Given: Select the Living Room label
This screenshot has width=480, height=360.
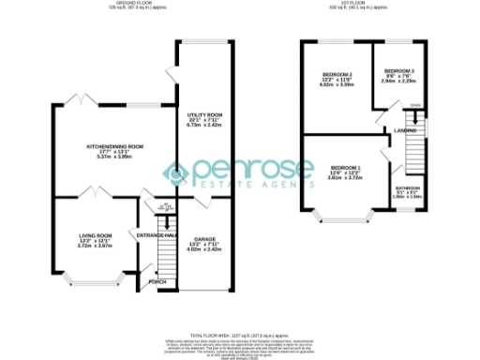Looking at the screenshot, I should pos(96,236).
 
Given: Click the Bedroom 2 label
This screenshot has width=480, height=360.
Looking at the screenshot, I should pos(337,73).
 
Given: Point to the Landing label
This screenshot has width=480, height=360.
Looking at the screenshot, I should pos(405,130).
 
